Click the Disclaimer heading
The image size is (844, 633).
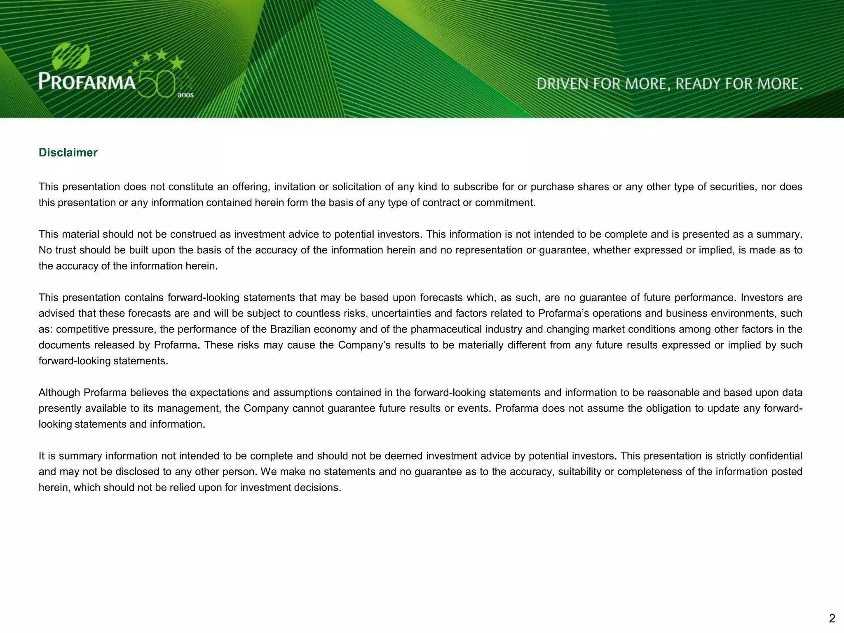pyautogui.click(x=68, y=152)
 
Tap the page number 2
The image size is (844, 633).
pyautogui.click(x=832, y=618)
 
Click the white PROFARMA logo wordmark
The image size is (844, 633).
pyautogui.click(x=87, y=82)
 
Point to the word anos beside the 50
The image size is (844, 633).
pyautogui.click(x=185, y=95)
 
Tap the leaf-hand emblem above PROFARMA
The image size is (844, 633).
pyautogui.click(x=71, y=57)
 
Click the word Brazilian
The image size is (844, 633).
pyautogui.click(x=290, y=329)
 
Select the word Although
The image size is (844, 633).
pyautogui.click(x=59, y=393)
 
